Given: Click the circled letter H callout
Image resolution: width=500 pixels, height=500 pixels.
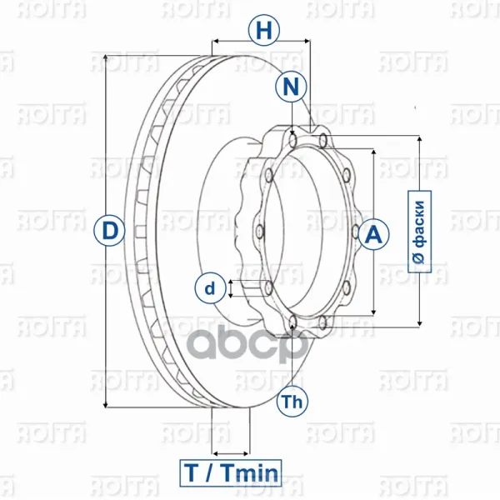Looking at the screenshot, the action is pyautogui.click(x=264, y=31).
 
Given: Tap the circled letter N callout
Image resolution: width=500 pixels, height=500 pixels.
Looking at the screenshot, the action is pyautogui.click(x=291, y=87).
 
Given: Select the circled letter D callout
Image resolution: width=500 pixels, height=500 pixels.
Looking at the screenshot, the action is pyautogui.click(x=109, y=230).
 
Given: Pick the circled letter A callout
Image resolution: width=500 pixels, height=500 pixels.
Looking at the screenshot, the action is pyautogui.click(x=373, y=234).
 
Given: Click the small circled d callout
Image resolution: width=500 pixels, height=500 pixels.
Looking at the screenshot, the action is pyautogui.click(x=210, y=288).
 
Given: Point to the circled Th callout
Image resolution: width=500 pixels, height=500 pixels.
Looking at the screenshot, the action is pyautogui.click(x=292, y=401).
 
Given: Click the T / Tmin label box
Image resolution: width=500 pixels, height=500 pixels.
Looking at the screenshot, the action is pyautogui.click(x=231, y=472).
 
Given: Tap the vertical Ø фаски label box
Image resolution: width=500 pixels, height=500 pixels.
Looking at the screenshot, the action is pyautogui.click(x=420, y=232).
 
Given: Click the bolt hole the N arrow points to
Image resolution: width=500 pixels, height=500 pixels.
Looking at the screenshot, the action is pyautogui.click(x=292, y=141).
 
